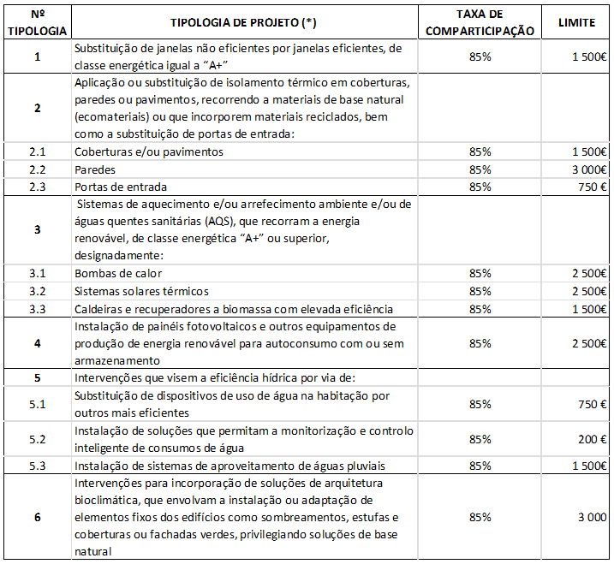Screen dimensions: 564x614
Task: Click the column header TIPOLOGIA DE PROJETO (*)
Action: pos(247,21)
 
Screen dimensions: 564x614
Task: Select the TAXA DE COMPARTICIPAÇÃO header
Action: pos(480,22)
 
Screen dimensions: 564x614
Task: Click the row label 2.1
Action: pos(38,151)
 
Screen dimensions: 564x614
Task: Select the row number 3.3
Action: pos(38,308)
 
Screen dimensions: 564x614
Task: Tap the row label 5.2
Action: pos(38,440)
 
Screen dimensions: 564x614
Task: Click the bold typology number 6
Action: pos(38,517)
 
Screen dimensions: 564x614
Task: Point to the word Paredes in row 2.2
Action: pos(95,169)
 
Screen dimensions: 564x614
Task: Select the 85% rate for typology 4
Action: pos(480,343)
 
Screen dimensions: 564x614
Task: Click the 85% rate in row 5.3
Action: pos(480,466)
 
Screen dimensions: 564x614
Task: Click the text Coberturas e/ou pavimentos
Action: pos(149,151)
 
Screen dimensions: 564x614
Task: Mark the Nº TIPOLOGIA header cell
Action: pos(38,22)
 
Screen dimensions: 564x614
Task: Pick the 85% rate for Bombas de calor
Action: pos(480,273)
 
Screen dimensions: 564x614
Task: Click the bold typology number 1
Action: pos(38,56)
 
